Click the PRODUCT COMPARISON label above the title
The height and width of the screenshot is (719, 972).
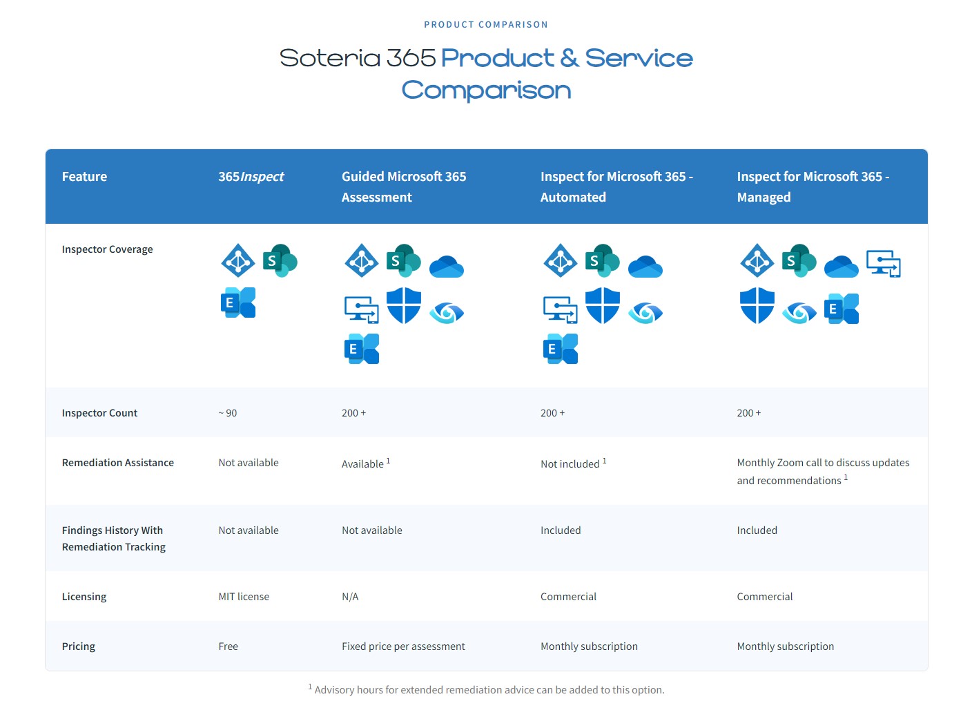coord(485,25)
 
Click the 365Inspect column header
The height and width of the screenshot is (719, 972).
coord(251,177)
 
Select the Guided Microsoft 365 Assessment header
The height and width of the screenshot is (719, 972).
coord(404,186)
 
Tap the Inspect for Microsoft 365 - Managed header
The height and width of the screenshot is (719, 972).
coord(813,186)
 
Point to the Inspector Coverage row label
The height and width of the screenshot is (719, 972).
coord(107,249)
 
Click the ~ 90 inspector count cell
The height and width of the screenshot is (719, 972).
coord(227,413)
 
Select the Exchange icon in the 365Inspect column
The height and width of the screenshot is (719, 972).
coord(238,303)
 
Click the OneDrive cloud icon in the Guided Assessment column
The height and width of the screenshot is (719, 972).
coord(446,266)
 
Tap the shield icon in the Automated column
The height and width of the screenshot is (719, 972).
coord(602,305)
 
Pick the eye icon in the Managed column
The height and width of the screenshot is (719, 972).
coord(799,313)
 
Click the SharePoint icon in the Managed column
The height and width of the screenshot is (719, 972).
coord(799,260)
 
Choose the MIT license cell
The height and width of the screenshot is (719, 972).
coord(244,597)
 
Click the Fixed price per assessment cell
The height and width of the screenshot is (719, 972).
coord(403,646)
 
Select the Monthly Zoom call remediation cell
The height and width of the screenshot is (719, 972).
coord(823,471)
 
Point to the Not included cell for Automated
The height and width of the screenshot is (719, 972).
coord(570,463)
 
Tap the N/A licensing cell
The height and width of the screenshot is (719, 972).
coord(350,597)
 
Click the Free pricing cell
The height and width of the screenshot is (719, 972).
coord(228,646)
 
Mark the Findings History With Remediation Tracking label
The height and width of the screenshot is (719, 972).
coord(113,539)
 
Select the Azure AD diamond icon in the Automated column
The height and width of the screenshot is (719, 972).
coord(561,260)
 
